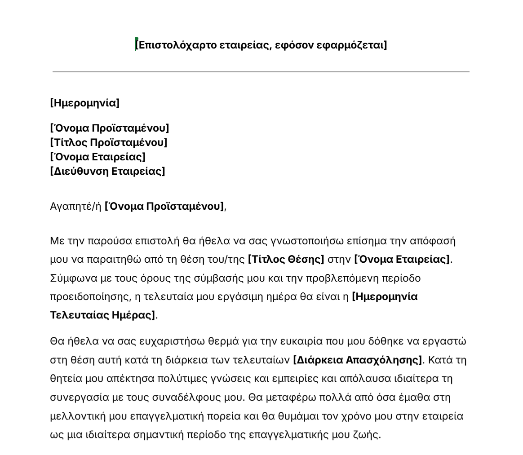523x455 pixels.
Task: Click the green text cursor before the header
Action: pos(136,44)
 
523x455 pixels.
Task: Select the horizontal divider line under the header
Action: pos(261,72)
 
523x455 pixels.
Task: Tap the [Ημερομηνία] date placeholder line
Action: pos(84,103)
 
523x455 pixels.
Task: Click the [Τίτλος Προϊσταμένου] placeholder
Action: pos(108,143)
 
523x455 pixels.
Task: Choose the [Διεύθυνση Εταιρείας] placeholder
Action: pos(107,171)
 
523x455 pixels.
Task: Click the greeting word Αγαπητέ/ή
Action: pos(75,207)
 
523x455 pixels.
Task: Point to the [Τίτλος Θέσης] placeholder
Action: pos(286,260)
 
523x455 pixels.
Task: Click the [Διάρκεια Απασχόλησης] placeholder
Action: pos(357,360)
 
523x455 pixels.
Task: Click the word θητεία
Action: pos(66,379)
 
